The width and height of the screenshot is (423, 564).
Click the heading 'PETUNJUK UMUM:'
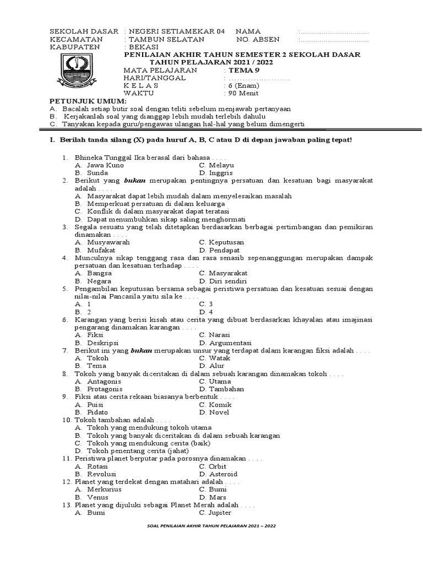(88, 102)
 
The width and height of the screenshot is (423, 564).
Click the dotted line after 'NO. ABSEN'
(334, 40)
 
